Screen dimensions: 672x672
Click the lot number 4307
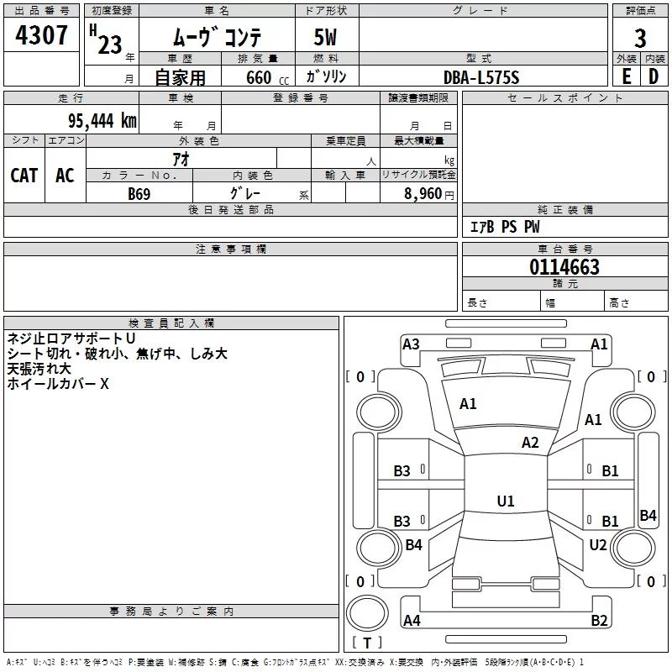[x=42, y=36]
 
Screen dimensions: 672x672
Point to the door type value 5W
[x=327, y=38]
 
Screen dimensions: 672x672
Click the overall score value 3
[x=640, y=38]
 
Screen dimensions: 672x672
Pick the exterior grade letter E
[x=626, y=76]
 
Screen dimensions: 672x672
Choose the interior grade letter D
[x=654, y=76]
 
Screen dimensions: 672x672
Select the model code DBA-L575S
[x=482, y=77]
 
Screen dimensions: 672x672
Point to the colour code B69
[x=139, y=193]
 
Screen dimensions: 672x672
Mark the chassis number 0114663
[x=564, y=268]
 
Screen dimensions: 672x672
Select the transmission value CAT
[x=24, y=175]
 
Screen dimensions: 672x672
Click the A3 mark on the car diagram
[x=411, y=344]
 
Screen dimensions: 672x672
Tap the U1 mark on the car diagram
[x=505, y=501]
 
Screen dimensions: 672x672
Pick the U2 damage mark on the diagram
[x=597, y=544]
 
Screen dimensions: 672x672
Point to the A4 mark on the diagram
[x=412, y=621]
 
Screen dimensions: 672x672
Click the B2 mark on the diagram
[x=599, y=621]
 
